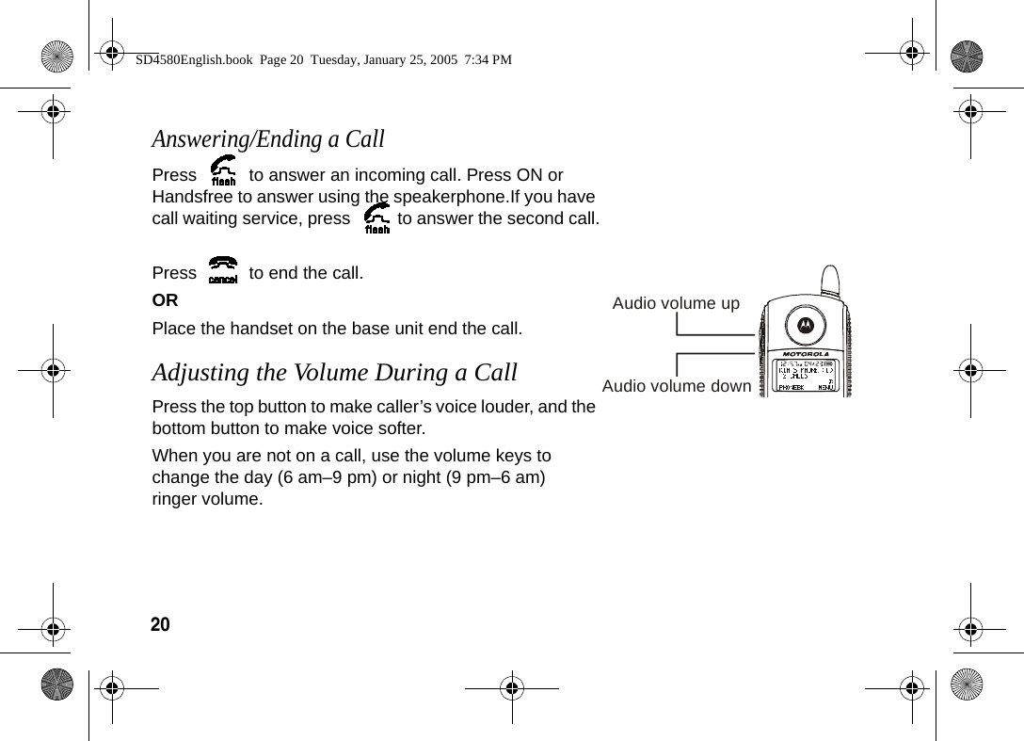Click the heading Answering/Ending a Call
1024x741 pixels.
(268, 139)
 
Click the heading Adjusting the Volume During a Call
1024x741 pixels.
(334, 372)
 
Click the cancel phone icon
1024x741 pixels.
(223, 271)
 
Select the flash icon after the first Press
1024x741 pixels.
(224, 172)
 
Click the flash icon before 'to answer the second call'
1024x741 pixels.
(376, 218)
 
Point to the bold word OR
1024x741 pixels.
(165, 300)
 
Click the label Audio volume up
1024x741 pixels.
(676, 303)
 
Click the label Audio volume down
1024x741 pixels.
(676, 386)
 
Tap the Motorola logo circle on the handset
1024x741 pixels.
(805, 325)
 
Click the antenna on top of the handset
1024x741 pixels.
(829, 280)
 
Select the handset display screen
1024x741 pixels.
(805, 377)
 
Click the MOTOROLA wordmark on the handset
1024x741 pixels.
(805, 355)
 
